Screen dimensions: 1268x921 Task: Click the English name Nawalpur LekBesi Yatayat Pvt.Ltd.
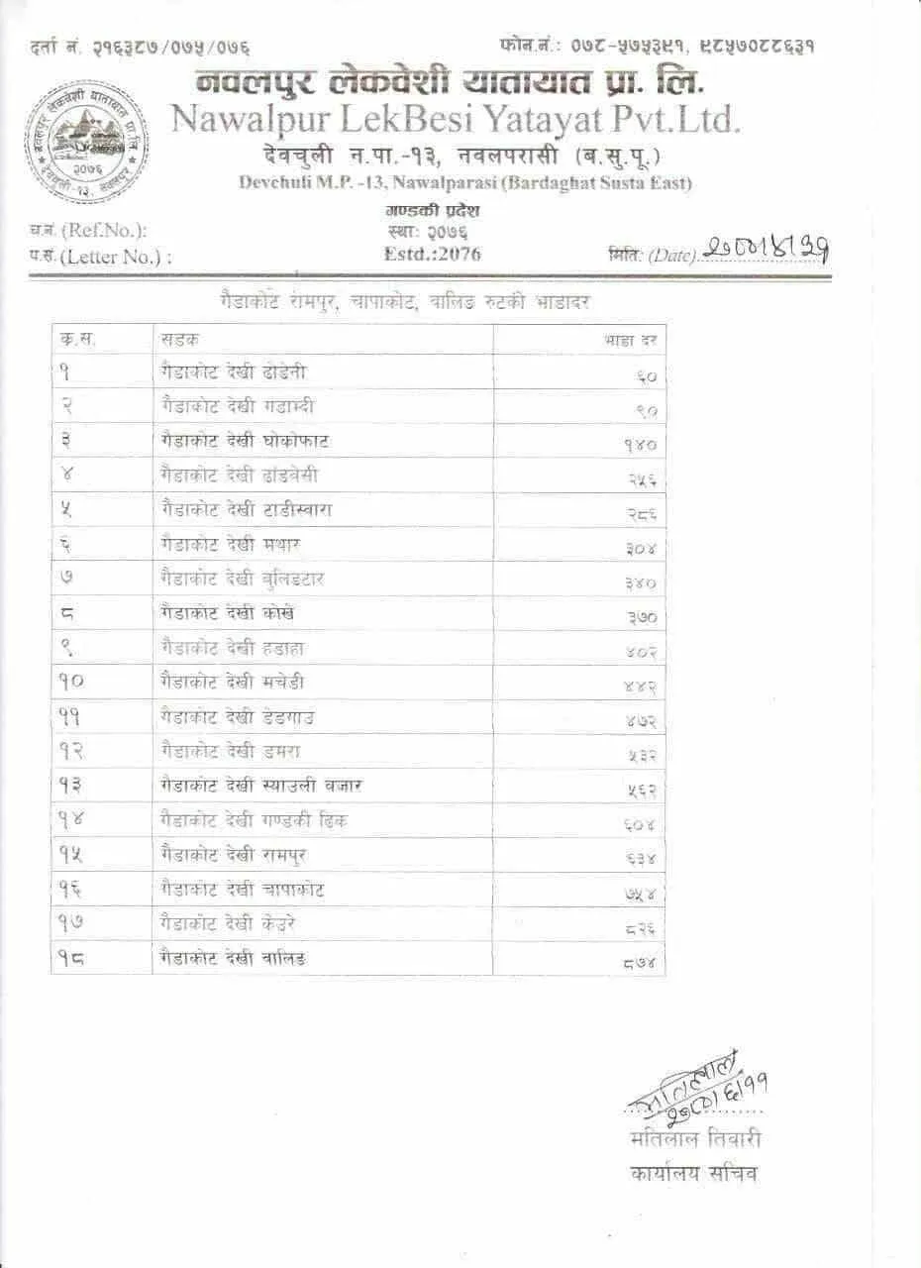[x=456, y=119]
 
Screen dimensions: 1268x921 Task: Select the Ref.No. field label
[x=89, y=231]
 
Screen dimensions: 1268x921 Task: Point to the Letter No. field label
[x=101, y=257]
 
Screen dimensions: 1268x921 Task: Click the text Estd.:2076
[x=432, y=254]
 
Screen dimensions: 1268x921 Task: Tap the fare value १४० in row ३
[x=640, y=445]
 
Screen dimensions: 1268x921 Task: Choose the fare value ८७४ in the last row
[x=640, y=961]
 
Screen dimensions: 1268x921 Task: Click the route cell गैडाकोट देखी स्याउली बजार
[x=260, y=786]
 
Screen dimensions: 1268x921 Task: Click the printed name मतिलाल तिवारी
[x=694, y=1139]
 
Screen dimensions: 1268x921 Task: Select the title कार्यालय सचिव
[x=693, y=1174]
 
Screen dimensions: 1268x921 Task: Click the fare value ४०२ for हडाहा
[x=640, y=652]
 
